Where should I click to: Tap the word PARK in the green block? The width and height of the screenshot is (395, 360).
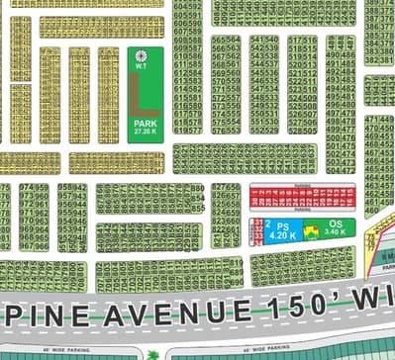click(x=146, y=124)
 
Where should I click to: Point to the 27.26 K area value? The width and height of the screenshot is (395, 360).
click(x=146, y=132)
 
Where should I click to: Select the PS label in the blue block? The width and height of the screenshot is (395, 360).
click(x=281, y=227)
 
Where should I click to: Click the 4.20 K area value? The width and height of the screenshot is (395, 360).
click(x=282, y=236)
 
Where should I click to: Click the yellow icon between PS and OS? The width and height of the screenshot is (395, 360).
click(x=309, y=232)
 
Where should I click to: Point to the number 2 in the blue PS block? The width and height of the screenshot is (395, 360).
click(x=267, y=225)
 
